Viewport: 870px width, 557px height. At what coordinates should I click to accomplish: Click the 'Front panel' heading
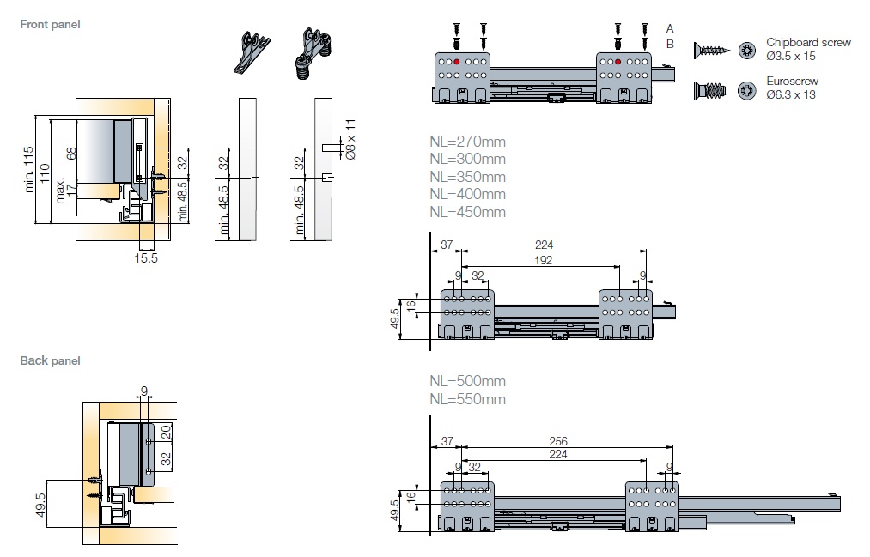point(50,25)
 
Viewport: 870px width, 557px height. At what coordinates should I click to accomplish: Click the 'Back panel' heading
point(50,361)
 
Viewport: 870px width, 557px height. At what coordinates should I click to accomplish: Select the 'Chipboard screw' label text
point(808,43)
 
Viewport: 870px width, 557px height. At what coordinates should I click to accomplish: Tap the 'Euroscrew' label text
point(792,82)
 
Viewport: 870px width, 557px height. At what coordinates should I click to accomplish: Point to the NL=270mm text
point(467,142)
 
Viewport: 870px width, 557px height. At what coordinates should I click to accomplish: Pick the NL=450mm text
point(467,212)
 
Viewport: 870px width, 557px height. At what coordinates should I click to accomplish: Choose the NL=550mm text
point(467,399)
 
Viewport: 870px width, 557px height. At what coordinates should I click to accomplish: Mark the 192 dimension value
point(541,259)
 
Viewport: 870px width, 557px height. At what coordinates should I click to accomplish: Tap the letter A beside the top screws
point(670,28)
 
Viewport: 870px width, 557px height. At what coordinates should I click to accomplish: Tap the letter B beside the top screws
point(670,44)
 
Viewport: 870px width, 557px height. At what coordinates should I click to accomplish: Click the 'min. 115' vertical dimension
point(31,167)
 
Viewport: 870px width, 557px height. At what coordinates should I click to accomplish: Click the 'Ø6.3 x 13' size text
point(791,94)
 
